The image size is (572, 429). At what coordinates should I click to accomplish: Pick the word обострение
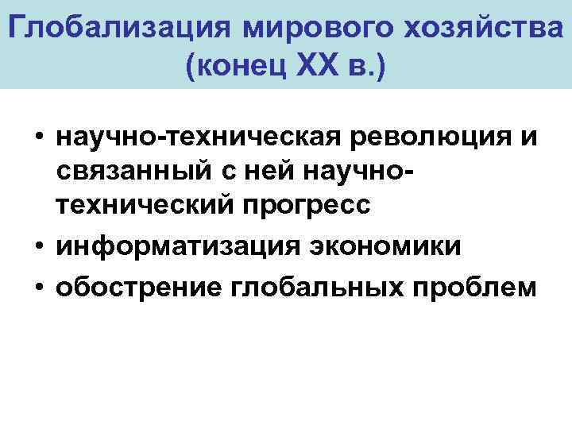click(x=129, y=287)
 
